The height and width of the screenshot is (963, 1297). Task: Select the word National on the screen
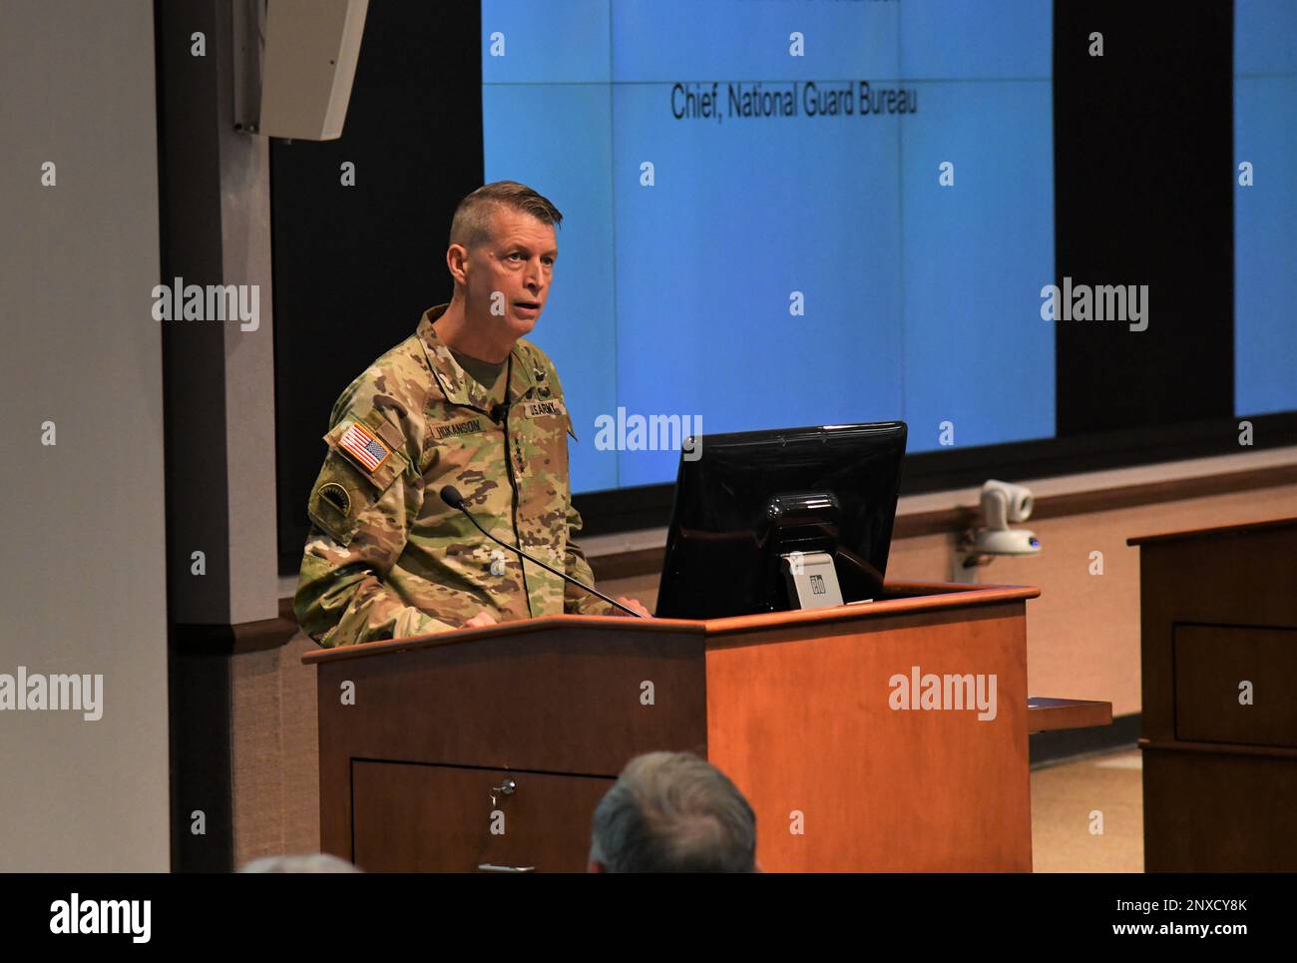tap(766, 104)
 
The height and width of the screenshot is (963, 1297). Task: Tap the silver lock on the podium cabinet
tap(500, 789)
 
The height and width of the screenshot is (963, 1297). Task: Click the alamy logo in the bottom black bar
tap(101, 917)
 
